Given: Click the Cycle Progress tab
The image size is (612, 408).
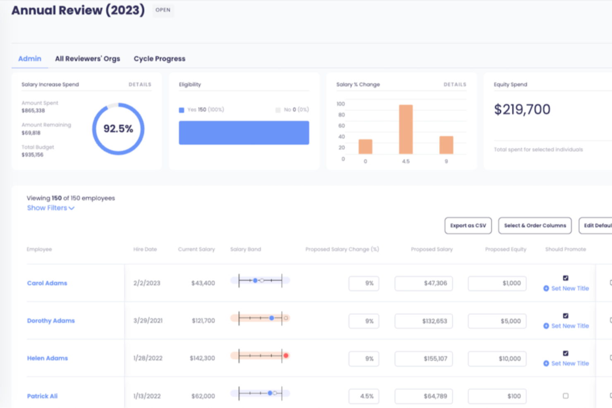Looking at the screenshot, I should click(x=159, y=59).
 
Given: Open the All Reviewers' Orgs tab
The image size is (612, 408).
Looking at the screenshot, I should click(x=87, y=59).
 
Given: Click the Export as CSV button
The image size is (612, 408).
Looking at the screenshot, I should click(x=468, y=226).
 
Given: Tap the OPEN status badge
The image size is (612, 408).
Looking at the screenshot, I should click(x=163, y=10).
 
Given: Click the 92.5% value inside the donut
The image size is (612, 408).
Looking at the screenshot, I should click(x=118, y=129).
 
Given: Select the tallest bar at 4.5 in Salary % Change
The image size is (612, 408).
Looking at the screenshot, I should click(x=406, y=129).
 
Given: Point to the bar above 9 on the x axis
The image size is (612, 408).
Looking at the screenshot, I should click(x=446, y=145).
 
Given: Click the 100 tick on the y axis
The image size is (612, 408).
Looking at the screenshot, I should click(x=341, y=104).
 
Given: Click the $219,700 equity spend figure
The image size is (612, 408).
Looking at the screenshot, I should click(x=522, y=110).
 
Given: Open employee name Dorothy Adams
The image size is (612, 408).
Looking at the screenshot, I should click(x=51, y=321).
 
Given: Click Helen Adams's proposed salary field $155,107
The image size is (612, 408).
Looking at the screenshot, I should click(x=423, y=359).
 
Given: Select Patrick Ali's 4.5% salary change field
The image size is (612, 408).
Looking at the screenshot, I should click(x=364, y=396).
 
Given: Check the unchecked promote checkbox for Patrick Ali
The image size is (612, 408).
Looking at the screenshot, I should click(x=566, y=396).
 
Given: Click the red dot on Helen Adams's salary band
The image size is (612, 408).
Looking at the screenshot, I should click(x=286, y=356).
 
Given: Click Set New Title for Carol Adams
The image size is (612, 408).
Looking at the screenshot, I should click(x=570, y=289).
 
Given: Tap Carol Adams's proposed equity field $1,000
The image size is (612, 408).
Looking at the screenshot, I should click(x=497, y=284).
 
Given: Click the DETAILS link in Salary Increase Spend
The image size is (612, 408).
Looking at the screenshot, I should click(x=140, y=84).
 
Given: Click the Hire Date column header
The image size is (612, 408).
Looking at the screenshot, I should click(x=145, y=249).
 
